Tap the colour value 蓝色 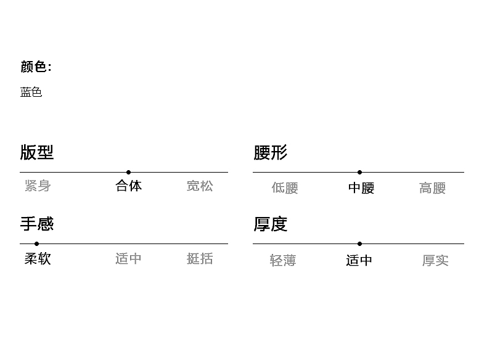pyautogui.click(x=31, y=92)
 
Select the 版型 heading pyautogui.click(x=37, y=152)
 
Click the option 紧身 pyautogui.click(x=38, y=186)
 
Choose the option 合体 pyautogui.click(x=129, y=186)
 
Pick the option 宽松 pyautogui.click(x=200, y=186)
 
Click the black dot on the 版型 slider pyautogui.click(x=128, y=173)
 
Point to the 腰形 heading pyautogui.click(x=270, y=152)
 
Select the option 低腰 pyautogui.click(x=285, y=188)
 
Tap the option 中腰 pyautogui.click(x=361, y=188)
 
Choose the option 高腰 pyautogui.click(x=432, y=188)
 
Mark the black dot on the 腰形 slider pyautogui.click(x=359, y=173)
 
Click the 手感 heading pyautogui.click(x=37, y=223)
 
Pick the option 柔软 pyautogui.click(x=38, y=258)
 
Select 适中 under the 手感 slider pyautogui.click(x=128, y=258)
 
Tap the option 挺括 pyautogui.click(x=200, y=258)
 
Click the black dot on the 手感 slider pyautogui.click(x=36, y=244)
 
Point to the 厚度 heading pyautogui.click(x=270, y=224)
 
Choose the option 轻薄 pyautogui.click(x=283, y=261)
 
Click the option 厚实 pyautogui.click(x=435, y=261)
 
